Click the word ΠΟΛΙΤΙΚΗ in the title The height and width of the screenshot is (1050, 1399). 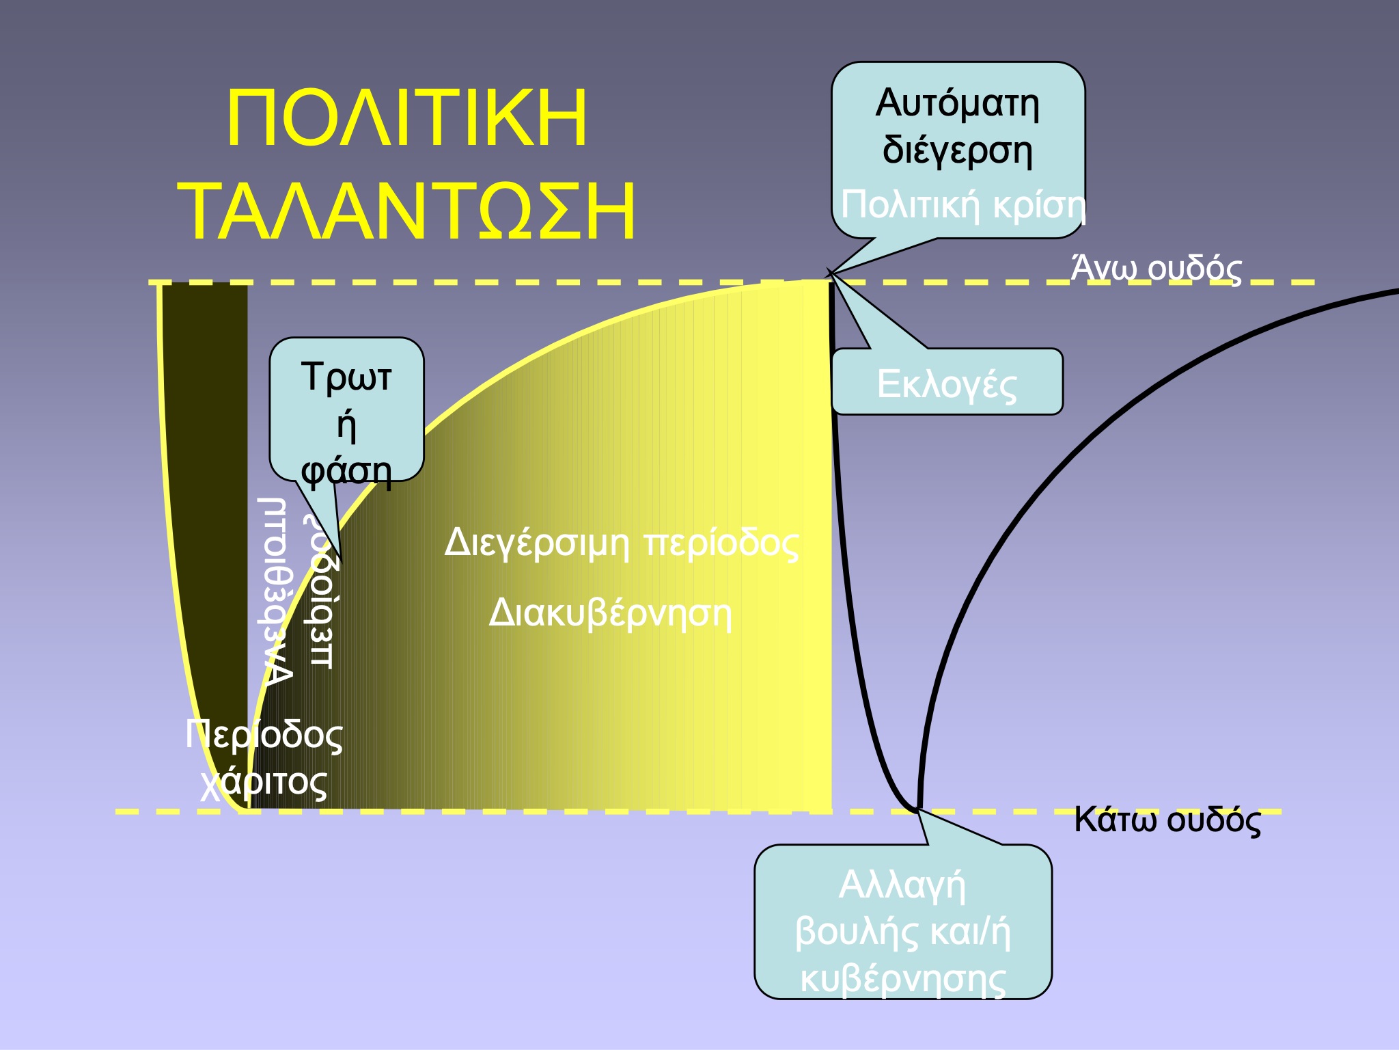tap(406, 118)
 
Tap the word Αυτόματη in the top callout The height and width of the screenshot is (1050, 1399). tap(957, 104)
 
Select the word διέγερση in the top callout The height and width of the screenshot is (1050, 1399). tap(957, 150)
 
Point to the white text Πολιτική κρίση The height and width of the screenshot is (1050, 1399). tap(962, 204)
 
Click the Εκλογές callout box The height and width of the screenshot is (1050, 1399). tap(947, 383)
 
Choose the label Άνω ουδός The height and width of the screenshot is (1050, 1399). tap(1156, 268)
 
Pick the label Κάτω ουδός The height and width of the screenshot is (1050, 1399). tap(1167, 819)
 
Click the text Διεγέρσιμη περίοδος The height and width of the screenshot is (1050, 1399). tap(621, 543)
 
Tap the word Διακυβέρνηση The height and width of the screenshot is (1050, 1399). tap(610, 612)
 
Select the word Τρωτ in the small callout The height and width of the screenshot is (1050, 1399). tap(346, 377)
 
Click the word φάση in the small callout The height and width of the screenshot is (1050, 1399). tap(346, 471)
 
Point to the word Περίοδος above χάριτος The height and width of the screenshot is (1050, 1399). tap(264, 736)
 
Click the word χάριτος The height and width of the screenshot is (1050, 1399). tap(264, 782)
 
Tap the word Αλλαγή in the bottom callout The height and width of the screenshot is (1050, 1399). tap(902, 885)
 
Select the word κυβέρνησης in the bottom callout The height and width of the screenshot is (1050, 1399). tap(902, 978)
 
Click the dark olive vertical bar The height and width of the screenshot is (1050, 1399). tap(205, 479)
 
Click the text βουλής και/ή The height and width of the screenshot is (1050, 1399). tap(902, 932)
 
